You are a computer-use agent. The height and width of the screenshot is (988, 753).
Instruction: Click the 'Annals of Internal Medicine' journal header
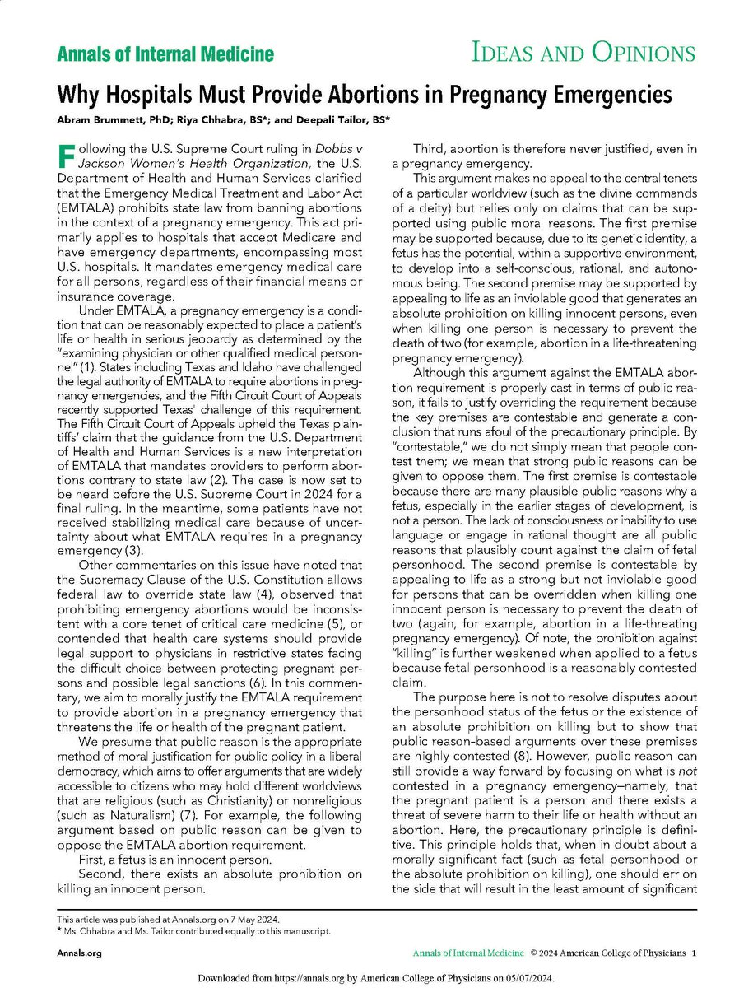point(165,55)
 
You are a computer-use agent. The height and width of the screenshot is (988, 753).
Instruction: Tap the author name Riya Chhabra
point(216,119)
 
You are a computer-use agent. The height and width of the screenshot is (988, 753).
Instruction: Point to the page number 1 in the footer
point(695,953)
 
